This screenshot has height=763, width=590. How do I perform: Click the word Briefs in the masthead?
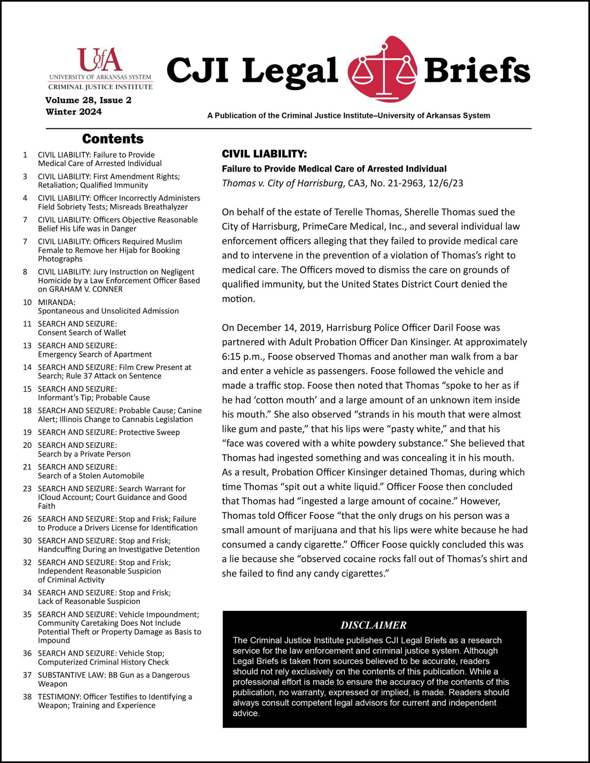(477, 71)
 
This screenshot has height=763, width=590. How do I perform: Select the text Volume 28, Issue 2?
(88, 100)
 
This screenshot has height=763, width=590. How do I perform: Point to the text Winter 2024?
(74, 112)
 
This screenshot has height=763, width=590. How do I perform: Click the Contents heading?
(113, 139)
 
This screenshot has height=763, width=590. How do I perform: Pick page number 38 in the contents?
(27, 697)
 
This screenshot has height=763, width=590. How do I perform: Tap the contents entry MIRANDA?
(57, 302)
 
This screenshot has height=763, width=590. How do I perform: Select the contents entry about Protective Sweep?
(109, 432)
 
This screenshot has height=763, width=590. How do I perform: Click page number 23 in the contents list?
(27, 488)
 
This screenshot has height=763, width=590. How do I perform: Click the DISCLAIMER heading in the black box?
(373, 625)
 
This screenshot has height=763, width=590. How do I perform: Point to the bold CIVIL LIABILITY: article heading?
(264, 154)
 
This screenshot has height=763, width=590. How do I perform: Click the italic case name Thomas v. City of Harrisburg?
(283, 183)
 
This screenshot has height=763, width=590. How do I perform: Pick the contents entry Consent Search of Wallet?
(82, 332)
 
